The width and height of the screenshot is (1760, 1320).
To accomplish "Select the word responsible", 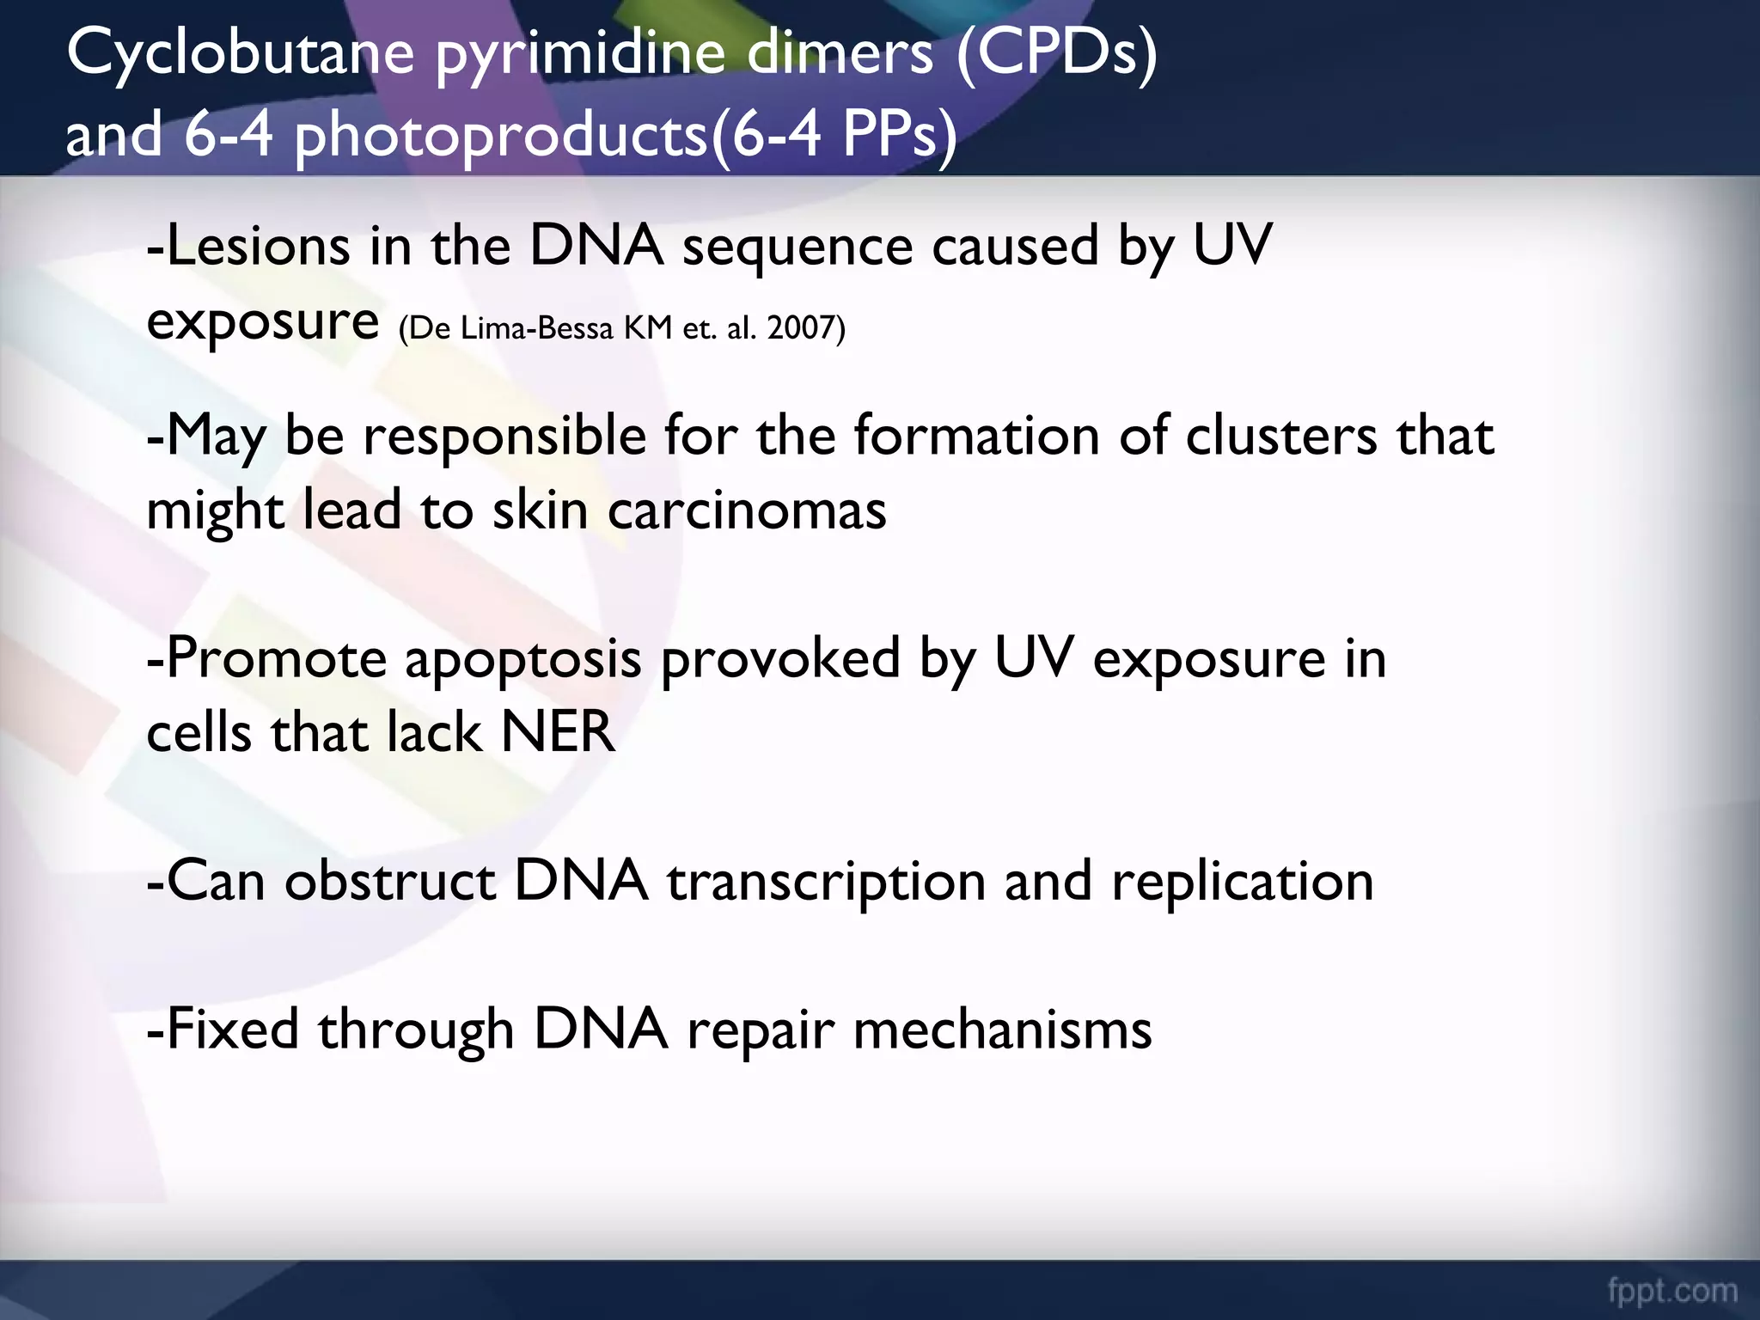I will [x=504, y=437].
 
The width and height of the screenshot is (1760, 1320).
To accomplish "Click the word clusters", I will [x=1281, y=437].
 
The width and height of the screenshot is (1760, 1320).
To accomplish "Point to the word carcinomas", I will [x=747, y=510].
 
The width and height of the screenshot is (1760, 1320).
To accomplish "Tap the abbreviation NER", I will [x=558, y=733].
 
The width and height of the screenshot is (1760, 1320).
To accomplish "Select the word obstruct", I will [x=390, y=882].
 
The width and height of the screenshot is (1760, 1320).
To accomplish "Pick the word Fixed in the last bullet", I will [x=225, y=1029].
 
